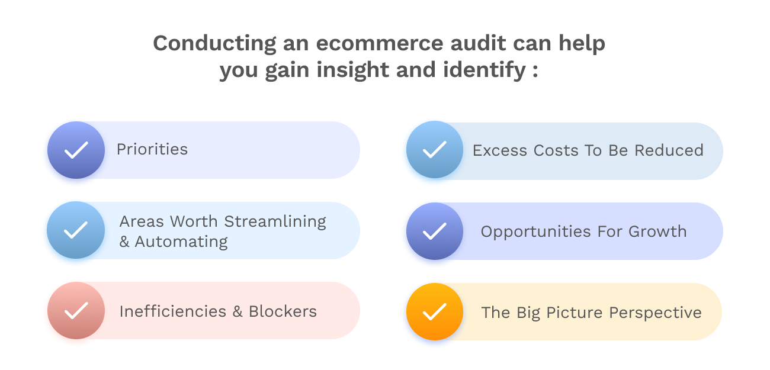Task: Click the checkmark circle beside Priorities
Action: click(76, 150)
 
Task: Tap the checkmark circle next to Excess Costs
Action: click(434, 149)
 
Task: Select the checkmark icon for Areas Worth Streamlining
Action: click(76, 230)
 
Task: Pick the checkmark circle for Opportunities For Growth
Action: click(434, 231)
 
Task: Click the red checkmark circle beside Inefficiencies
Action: click(76, 310)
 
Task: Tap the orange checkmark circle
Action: click(434, 311)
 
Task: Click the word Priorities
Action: click(152, 149)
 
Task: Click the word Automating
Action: click(181, 242)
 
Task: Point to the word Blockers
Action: click(283, 311)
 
